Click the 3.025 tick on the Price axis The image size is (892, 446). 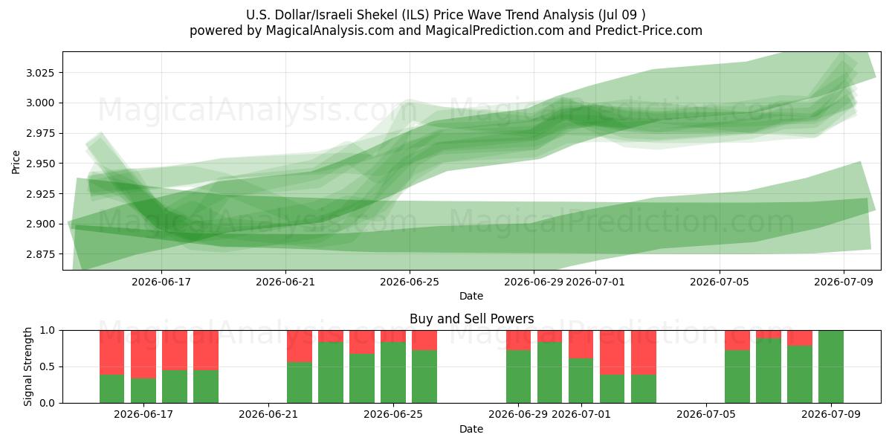pyautogui.click(x=40, y=73)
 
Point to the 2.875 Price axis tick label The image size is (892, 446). pyautogui.click(x=40, y=254)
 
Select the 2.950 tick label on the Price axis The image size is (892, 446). pyautogui.click(x=40, y=164)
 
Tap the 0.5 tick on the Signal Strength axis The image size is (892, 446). pyautogui.click(x=48, y=366)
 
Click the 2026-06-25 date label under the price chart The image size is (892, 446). pyautogui.click(x=410, y=282)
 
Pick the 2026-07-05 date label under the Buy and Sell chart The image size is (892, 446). pyautogui.click(x=706, y=415)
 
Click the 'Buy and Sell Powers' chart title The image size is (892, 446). pyautogui.click(x=471, y=319)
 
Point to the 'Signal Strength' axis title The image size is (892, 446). pyautogui.click(x=28, y=366)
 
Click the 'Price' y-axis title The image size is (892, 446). pyautogui.click(x=16, y=162)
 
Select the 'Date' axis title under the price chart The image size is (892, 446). pyautogui.click(x=471, y=296)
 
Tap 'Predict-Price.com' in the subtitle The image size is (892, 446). pyautogui.click(x=649, y=30)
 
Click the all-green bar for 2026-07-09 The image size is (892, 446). pyautogui.click(x=831, y=366)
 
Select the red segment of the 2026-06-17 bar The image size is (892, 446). pyautogui.click(x=143, y=355)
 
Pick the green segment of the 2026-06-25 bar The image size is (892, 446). pyautogui.click(x=393, y=372)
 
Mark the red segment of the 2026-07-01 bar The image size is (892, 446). pyautogui.click(x=581, y=344)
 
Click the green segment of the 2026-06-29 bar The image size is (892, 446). pyautogui.click(x=519, y=377)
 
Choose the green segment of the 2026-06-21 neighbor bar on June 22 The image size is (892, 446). pyautogui.click(x=300, y=383)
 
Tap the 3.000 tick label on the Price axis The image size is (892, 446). pyautogui.click(x=40, y=103)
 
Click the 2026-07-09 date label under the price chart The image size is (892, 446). pyautogui.click(x=844, y=282)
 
